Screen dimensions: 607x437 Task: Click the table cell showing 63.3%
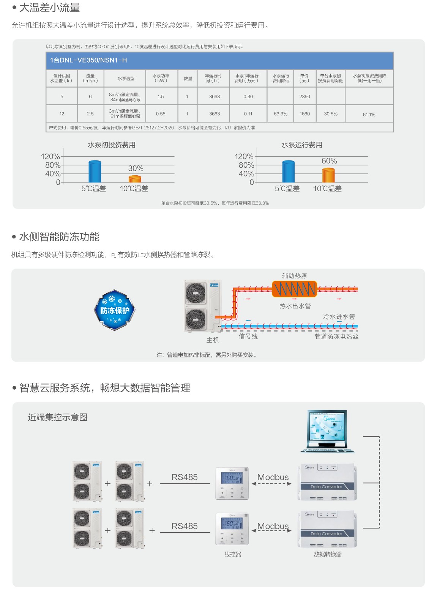(281, 114)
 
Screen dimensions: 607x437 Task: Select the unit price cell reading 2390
(304, 97)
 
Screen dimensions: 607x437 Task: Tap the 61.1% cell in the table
(369, 115)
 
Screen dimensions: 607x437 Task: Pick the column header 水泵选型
(126, 79)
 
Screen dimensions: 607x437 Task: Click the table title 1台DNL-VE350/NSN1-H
(88, 60)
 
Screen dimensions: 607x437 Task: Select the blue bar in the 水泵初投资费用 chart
(95, 171)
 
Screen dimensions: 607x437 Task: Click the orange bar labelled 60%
(328, 175)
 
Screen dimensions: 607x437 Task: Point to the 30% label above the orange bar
(136, 168)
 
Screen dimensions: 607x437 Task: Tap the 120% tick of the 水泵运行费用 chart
(244, 156)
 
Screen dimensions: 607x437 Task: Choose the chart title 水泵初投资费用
(112, 145)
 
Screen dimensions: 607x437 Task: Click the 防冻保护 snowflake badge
(115, 310)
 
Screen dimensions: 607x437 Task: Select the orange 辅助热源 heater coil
(294, 289)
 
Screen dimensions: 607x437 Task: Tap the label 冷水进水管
(339, 316)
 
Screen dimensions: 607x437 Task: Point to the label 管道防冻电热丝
(336, 336)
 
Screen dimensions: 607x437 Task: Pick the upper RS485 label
(185, 477)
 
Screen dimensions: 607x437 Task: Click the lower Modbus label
(273, 526)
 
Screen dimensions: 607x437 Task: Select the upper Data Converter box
(327, 482)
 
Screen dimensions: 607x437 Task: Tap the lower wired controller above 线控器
(232, 528)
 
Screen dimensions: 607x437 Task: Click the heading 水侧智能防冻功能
(59, 237)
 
